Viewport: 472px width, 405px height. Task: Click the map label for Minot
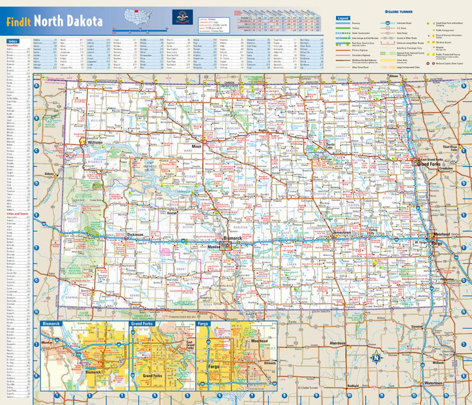[196, 147]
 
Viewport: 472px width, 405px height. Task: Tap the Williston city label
[95, 142]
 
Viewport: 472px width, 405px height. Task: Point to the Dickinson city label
[135, 235]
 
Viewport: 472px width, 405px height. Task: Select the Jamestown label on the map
[342, 233]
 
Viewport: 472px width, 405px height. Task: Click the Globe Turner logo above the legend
[402, 12]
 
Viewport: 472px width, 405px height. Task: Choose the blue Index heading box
[14, 40]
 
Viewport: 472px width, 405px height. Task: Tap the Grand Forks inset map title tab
[142, 323]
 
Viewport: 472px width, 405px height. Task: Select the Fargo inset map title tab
[203, 323]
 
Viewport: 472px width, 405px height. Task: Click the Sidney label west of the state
[49, 174]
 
